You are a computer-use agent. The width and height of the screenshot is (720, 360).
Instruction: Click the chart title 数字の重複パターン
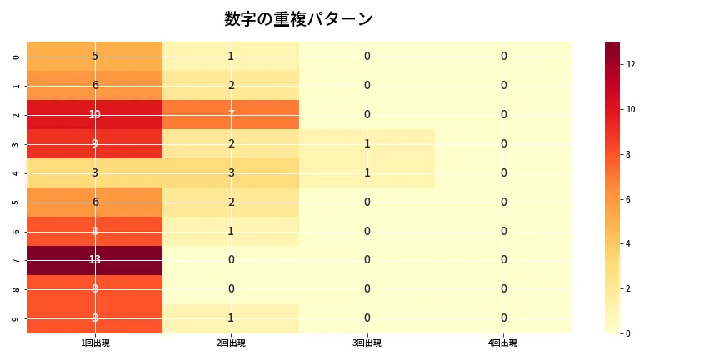pos(298,19)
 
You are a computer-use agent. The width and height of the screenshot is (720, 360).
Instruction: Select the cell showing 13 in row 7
pos(95,260)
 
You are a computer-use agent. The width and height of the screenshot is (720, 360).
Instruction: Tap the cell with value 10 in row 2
pos(95,114)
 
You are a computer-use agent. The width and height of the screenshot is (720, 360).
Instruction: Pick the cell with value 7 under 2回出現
pos(231,114)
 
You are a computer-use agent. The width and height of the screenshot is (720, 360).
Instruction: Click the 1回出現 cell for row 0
pos(95,56)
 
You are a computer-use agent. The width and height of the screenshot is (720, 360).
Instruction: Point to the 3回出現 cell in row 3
pos(367,143)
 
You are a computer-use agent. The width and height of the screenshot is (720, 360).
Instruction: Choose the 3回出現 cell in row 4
pos(367,172)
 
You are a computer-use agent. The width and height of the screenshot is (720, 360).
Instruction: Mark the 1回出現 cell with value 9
pos(95,143)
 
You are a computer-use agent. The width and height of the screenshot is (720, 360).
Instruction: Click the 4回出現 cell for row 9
pos(503,318)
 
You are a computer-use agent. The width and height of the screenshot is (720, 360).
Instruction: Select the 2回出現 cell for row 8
pos(231,289)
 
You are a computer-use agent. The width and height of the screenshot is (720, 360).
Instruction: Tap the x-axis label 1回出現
pos(95,342)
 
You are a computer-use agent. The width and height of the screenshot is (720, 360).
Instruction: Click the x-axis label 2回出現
pos(231,342)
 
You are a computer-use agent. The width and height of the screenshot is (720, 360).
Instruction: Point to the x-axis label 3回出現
pos(367,342)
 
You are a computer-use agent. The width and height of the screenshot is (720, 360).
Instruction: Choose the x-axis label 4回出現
pos(503,342)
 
